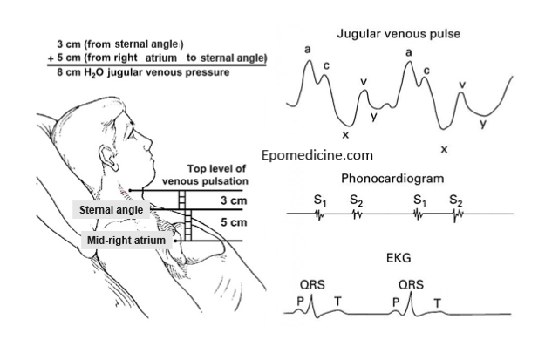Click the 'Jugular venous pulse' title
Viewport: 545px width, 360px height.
tap(399, 34)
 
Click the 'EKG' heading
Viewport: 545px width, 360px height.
tap(398, 259)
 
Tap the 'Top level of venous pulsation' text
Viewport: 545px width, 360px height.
tap(218, 174)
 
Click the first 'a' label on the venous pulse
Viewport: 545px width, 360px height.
tap(308, 50)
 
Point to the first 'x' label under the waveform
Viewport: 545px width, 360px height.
tap(345, 135)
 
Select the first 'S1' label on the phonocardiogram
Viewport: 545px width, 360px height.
tap(319, 200)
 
